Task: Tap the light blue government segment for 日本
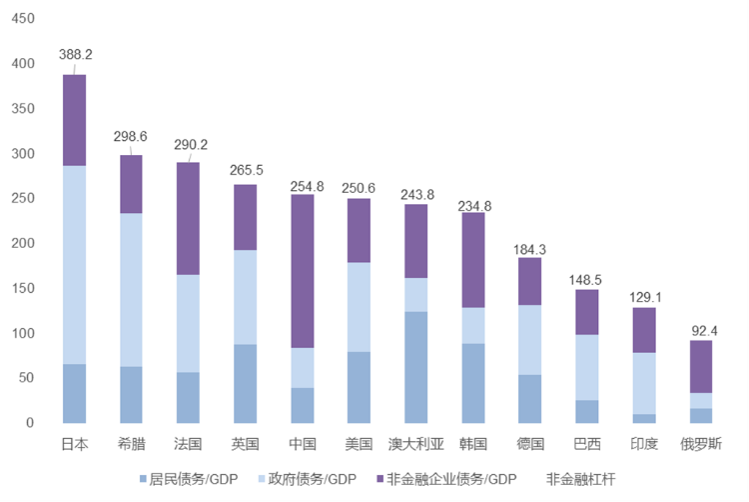(x=74, y=265)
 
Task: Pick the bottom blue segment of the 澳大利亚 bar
(x=415, y=367)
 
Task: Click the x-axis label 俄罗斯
(x=700, y=443)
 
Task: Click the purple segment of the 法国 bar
(x=188, y=218)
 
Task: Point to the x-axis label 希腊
(x=131, y=443)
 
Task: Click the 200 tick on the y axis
(x=21, y=243)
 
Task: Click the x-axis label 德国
(x=529, y=443)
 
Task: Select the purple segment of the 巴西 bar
(x=586, y=312)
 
